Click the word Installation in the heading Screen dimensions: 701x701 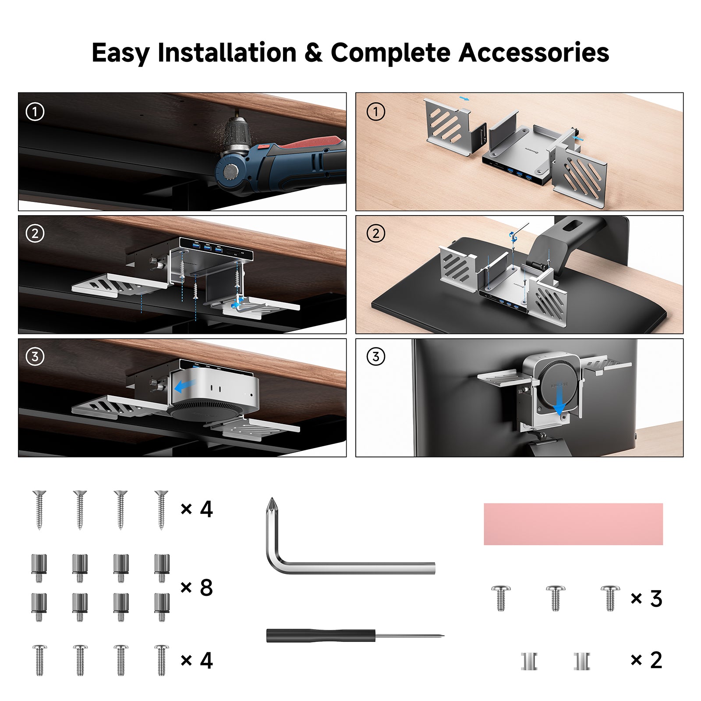(x=227, y=53)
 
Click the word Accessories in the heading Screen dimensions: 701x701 (x=533, y=53)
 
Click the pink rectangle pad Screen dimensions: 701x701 (x=573, y=524)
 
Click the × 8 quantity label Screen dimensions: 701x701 (x=196, y=588)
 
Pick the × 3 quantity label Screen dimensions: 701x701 (x=646, y=598)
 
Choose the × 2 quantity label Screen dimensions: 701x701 (x=646, y=660)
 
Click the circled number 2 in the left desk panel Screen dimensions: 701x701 (x=35, y=234)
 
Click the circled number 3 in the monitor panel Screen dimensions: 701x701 (x=375, y=357)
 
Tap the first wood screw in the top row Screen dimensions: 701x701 (x=39, y=510)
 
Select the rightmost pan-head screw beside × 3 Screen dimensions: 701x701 (x=610, y=598)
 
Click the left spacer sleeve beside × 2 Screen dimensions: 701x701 (x=529, y=661)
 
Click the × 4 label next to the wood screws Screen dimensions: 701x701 (x=196, y=509)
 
